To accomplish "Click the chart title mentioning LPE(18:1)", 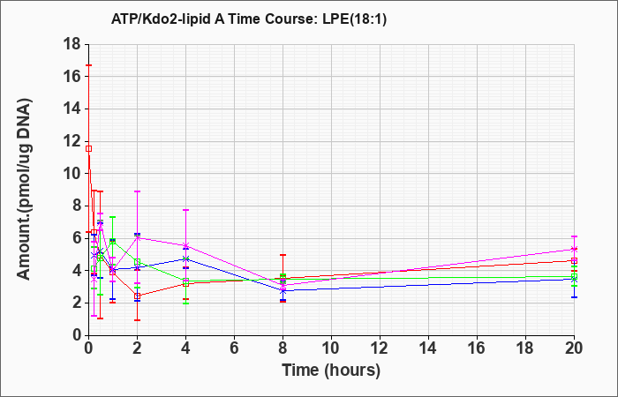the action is tap(249, 19).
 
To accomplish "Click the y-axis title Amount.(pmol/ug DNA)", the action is tap(24, 190).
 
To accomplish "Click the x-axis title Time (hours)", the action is tap(331, 371).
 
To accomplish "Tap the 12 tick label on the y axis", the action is tap(73, 141).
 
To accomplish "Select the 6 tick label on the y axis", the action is tap(78, 238).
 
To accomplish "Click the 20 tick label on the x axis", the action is tap(574, 348).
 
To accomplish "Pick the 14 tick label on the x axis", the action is tap(428, 348).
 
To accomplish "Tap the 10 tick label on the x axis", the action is tap(331, 348).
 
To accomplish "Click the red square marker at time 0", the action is tap(88, 148).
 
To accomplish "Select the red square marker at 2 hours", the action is tap(137, 296).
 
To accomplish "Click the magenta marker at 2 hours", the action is tap(137, 237).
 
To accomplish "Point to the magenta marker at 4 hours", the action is tap(185, 246).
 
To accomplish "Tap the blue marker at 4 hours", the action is tap(185, 258).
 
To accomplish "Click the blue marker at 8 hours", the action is tap(283, 290).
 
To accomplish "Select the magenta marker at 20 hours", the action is tap(574, 250).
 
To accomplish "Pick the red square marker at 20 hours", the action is tap(574, 260).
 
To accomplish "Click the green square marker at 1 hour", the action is tap(113, 241).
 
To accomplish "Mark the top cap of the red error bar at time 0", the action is tap(88, 65).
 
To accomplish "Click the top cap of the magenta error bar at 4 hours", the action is tap(185, 210).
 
